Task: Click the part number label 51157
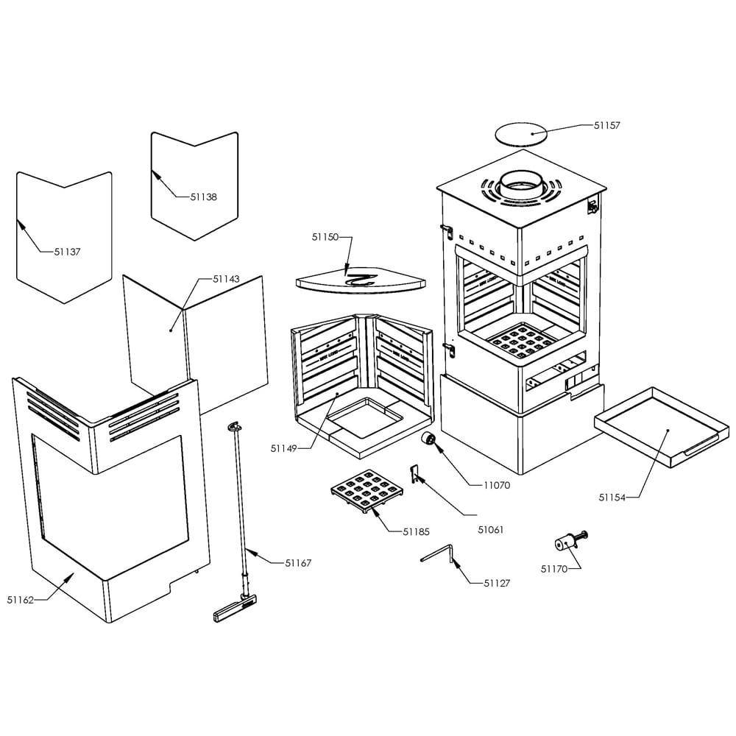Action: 607,126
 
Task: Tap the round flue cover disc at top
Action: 521,134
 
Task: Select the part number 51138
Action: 203,197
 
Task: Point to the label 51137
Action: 67,252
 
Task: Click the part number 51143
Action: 226,280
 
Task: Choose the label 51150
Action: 325,238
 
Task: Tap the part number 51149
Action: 283,448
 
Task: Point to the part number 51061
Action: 491,528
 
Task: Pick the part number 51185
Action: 417,531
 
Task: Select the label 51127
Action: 497,583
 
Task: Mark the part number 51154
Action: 612,498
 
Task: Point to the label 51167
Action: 298,563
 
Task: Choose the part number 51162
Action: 21,600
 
